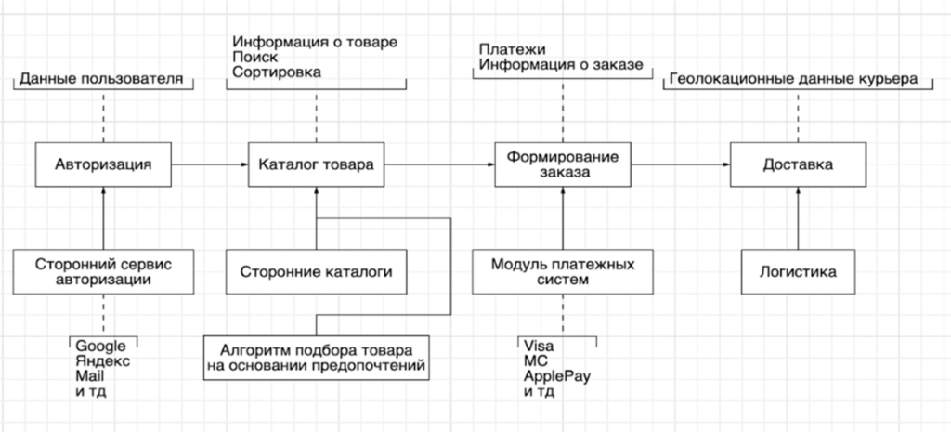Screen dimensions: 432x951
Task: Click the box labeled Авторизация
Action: coord(103,164)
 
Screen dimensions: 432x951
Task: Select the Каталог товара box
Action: coord(317,164)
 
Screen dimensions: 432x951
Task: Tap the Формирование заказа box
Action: coord(562,164)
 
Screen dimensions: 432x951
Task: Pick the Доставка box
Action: coord(797,164)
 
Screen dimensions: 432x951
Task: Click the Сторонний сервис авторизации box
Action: coord(103,271)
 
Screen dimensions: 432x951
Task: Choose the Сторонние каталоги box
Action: coord(317,272)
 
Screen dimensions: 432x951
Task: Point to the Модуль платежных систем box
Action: coord(562,271)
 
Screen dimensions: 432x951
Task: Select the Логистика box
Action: coord(797,272)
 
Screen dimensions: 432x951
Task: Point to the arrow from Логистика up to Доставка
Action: coord(797,218)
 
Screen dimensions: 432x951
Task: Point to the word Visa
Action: coord(540,346)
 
